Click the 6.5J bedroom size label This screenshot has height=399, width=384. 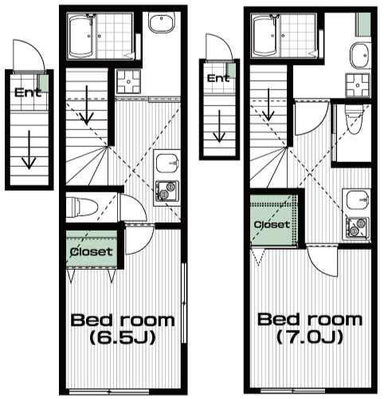point(123,338)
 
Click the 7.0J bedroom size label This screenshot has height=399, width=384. point(310,337)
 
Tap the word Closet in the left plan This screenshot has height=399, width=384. point(91,251)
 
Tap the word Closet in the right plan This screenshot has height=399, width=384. point(272,224)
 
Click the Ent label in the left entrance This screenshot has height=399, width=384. point(28,93)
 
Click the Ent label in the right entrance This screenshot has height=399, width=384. point(218,78)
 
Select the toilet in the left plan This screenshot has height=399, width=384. point(82,207)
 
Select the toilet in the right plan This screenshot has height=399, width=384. point(354,119)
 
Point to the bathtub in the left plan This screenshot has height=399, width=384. point(81,37)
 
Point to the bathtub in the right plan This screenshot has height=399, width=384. point(266,36)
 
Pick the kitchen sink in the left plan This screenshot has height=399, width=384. point(167,164)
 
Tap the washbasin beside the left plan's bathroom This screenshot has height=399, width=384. point(161,23)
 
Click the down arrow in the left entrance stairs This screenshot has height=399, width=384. point(29,150)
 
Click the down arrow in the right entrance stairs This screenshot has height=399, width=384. point(219,126)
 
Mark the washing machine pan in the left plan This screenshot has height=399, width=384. point(129,81)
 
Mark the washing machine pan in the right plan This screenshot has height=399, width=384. point(358,85)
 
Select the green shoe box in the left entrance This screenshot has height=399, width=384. point(44,83)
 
